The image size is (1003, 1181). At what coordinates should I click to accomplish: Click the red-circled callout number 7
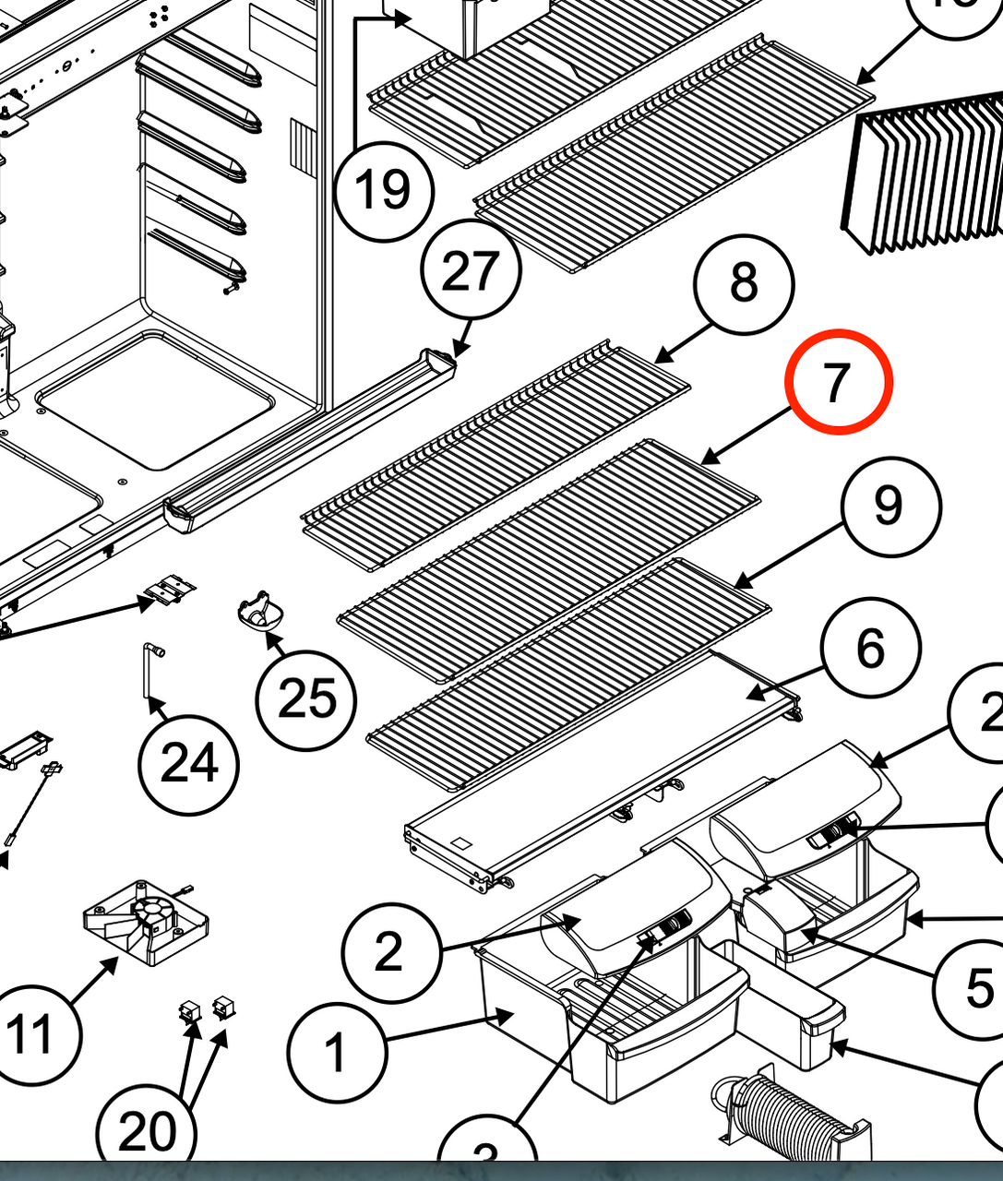tap(838, 382)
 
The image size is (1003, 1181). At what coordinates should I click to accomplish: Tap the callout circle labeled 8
tap(744, 283)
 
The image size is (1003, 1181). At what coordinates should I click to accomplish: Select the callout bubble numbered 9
tap(889, 507)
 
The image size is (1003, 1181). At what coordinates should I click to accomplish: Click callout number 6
tap(871, 649)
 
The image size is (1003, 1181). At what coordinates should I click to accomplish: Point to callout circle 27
tap(471, 270)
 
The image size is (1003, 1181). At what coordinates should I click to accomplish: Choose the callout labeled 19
tap(382, 190)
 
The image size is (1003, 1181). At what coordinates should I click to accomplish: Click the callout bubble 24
tap(189, 764)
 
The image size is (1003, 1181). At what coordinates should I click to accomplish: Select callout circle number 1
tap(337, 1052)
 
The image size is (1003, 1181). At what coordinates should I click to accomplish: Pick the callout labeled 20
tap(148, 1131)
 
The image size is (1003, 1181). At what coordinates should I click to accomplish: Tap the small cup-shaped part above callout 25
tap(257, 613)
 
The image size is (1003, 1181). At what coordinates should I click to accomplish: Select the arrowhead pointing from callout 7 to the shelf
tap(705, 459)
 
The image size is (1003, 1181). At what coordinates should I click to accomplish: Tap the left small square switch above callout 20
tap(190, 1010)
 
